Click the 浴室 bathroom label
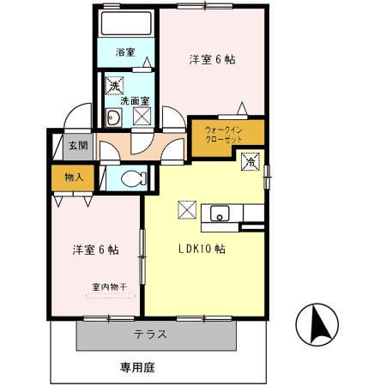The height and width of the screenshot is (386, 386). tap(125, 52)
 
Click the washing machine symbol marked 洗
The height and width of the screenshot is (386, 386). tap(113, 85)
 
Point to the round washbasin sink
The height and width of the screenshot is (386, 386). tap(112, 118)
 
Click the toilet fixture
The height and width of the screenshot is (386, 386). tap(131, 178)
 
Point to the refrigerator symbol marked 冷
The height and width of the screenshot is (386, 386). tap(251, 161)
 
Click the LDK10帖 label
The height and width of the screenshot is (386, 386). tap(202, 250)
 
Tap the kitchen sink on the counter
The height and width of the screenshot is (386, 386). tap(219, 214)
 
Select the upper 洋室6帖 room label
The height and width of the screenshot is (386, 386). tap(213, 60)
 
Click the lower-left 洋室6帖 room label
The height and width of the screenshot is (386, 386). tap(94, 250)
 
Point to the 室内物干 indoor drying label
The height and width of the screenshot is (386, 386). tap(109, 287)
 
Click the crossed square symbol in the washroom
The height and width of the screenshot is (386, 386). tap(142, 118)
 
